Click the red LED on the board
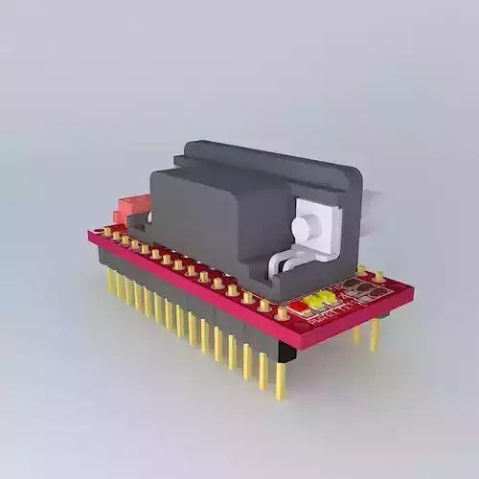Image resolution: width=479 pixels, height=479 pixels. point(298,307)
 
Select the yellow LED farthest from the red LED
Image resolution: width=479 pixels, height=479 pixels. point(328,295)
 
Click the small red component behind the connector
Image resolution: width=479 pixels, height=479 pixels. point(131,205)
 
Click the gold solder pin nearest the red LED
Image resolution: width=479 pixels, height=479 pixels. point(282,313)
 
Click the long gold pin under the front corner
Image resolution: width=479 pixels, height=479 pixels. point(280,378)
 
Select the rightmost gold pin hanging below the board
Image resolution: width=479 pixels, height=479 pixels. point(375,333)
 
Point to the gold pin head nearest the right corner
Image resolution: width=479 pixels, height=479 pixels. point(379,277)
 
